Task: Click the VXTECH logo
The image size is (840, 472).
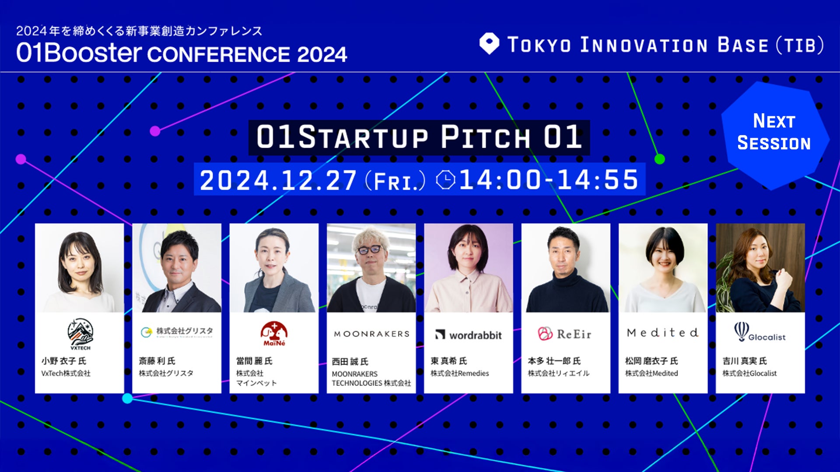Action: [80, 334]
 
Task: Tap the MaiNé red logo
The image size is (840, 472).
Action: [274, 334]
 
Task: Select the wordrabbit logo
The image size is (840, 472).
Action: [468, 335]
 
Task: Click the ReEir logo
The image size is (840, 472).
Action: [564, 334]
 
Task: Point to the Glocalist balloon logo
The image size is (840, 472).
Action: [759, 332]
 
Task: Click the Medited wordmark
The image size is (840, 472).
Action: [662, 333]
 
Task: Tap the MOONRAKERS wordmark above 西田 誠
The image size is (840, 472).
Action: [371, 334]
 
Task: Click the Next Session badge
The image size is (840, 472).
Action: [775, 135]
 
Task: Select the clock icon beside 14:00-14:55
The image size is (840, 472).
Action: [446, 180]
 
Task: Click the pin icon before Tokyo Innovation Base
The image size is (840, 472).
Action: [489, 44]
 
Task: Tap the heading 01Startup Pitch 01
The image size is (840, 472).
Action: [419, 137]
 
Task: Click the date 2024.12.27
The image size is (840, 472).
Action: [278, 180]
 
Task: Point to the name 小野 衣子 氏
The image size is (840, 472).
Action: [64, 361]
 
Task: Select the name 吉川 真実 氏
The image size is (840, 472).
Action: [745, 361]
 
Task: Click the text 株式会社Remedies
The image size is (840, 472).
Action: [459, 373]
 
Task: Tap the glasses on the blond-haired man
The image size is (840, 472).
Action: [370, 250]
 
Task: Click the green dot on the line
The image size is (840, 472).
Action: [659, 159]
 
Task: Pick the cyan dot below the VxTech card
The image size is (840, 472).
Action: [127, 398]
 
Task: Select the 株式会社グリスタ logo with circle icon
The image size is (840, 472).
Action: [177, 332]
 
